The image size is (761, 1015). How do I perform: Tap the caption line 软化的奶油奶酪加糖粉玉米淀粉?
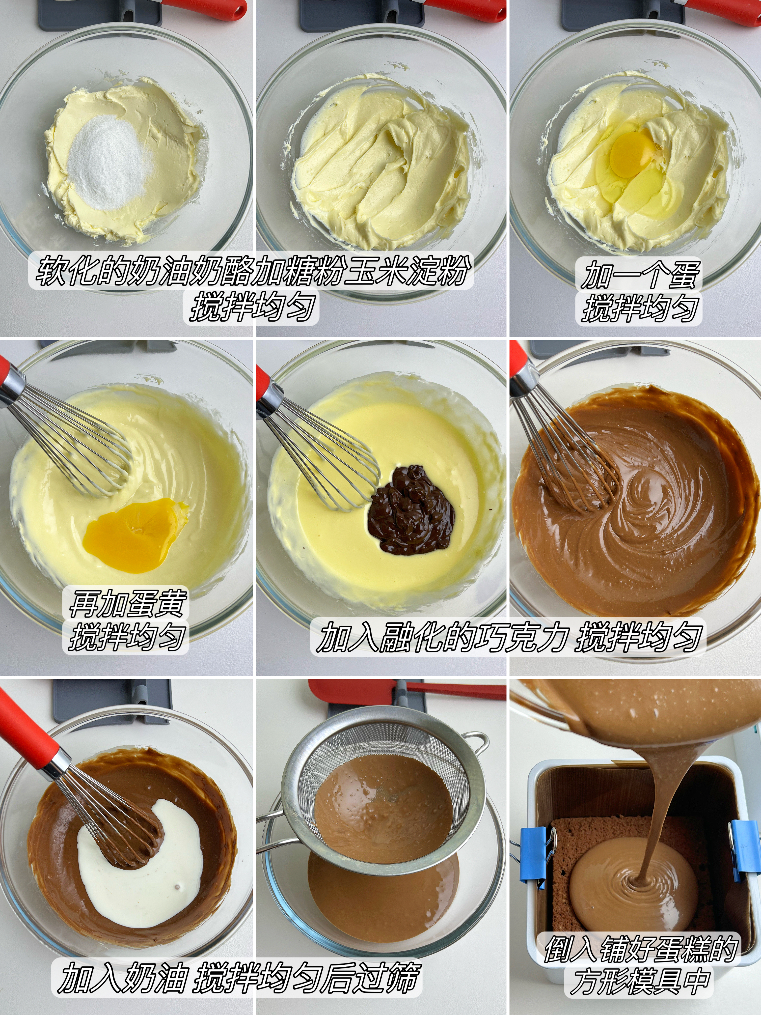point(251,272)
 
